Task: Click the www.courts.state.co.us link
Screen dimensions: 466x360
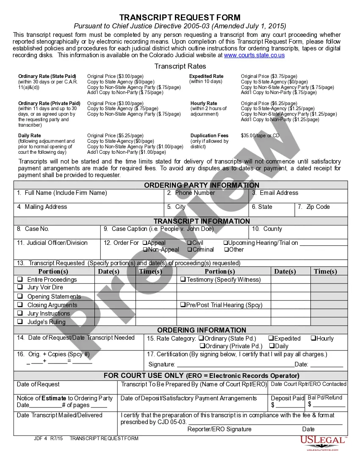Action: coord(254,55)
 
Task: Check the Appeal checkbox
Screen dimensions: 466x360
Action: coord(144,243)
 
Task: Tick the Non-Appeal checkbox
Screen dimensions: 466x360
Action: coord(144,250)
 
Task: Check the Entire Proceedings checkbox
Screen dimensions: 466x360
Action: coord(20,280)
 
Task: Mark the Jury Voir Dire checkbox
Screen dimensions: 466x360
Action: coord(20,287)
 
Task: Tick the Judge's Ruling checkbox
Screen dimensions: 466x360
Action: coord(20,322)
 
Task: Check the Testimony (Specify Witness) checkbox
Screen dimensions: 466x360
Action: coord(183,280)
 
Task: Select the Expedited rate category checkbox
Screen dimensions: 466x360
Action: coord(271,338)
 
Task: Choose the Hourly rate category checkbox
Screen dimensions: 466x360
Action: coord(313,338)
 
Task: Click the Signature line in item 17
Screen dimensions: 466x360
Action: coord(235,364)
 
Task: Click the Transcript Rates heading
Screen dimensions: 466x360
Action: coord(180,66)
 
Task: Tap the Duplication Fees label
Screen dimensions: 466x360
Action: coord(209,136)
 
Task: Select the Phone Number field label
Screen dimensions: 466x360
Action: coord(195,193)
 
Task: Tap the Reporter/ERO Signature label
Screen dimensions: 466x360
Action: coord(219,429)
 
